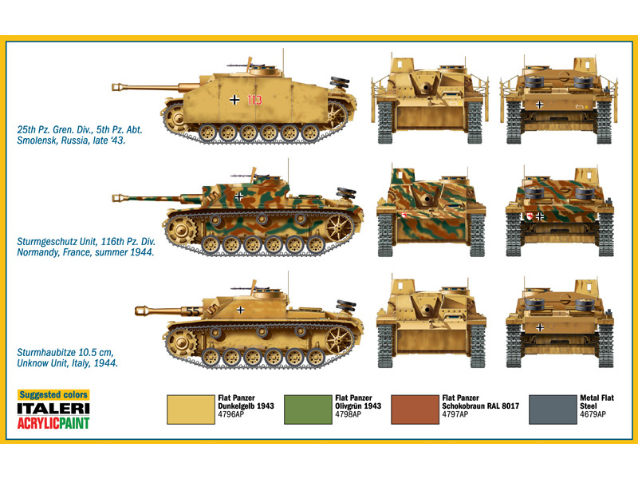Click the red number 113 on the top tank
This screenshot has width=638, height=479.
pyautogui.click(x=254, y=100)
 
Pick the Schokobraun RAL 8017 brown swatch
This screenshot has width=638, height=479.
pyautogui.click(x=415, y=409)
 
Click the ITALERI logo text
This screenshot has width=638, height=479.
pyautogui.click(x=53, y=409)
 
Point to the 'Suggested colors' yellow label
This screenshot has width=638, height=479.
pyautogui.click(x=53, y=395)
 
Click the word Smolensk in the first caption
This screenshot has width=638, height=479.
pyautogui.click(x=41, y=140)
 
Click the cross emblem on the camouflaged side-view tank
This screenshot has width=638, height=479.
pyautogui.click(x=240, y=195)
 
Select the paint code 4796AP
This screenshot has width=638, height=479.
pyautogui.click(x=232, y=415)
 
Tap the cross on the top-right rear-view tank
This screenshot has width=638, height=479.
pyautogui.click(x=541, y=104)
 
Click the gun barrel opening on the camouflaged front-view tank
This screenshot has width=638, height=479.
pyautogui.click(x=427, y=199)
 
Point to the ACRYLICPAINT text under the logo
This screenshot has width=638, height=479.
pyautogui.click(x=53, y=423)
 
